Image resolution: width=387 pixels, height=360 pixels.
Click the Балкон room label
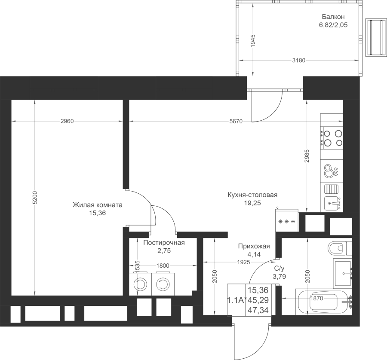click(x=333, y=17)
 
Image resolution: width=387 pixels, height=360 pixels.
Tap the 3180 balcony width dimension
click(x=299, y=60)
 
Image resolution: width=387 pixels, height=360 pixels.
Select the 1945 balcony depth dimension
click(x=253, y=41)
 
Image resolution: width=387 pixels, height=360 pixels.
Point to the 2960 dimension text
click(x=67, y=121)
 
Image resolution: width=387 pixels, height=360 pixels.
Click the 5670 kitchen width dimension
click(x=236, y=121)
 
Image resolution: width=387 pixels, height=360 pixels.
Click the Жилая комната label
click(x=98, y=205)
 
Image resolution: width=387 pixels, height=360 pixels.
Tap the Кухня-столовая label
click(x=252, y=195)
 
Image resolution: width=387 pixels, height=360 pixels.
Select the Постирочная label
click(x=164, y=243)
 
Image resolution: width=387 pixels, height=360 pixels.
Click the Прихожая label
click(x=254, y=246)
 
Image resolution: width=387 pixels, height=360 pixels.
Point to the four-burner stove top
click(x=332, y=138)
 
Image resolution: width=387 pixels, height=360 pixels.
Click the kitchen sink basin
click(x=332, y=203)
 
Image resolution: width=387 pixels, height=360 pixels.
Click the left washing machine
click(x=140, y=284)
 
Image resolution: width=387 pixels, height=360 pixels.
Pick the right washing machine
click(x=163, y=284)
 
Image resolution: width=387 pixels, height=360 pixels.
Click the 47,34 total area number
click(x=258, y=310)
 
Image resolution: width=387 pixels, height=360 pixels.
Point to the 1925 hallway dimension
click(x=244, y=262)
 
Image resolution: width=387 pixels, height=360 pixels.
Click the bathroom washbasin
click(x=343, y=273)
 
